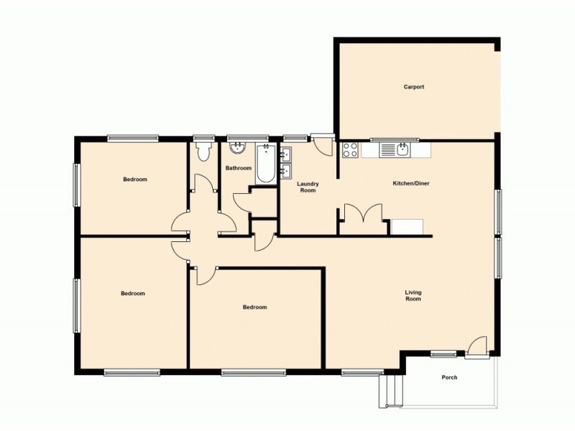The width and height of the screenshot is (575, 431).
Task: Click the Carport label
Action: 413,87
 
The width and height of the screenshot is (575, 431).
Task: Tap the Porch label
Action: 449,377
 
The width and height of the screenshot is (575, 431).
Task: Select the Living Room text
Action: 413,295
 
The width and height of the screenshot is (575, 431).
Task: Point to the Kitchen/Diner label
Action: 410,184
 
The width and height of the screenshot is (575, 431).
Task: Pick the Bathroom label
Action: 238,168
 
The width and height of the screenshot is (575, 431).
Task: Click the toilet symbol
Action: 203,150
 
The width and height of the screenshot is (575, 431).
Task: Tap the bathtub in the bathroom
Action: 265,164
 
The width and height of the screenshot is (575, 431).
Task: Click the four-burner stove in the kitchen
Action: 350,150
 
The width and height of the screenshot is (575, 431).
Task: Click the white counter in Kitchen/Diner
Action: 408,226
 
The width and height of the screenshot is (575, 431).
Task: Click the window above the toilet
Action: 204,138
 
